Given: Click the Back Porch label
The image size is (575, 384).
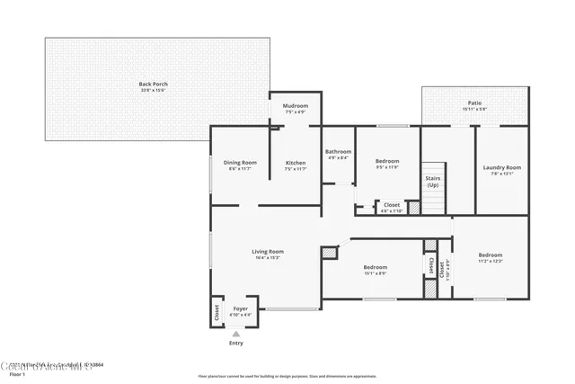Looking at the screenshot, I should point(154,84).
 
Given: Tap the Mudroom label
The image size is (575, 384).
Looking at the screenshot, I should point(296,105).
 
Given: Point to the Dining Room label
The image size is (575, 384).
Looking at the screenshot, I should point(240,162).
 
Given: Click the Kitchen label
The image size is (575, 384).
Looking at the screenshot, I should point(296,162).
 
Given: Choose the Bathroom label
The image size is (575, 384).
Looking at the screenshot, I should point(338,151).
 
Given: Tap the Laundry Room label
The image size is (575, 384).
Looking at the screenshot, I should point(501,167).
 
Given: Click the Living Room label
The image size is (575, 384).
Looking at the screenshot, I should point(267,251).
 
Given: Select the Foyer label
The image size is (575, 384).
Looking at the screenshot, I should point(240,308).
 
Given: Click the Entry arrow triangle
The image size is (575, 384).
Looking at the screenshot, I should point(236,334).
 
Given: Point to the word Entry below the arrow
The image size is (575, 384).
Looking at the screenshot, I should point(236,343).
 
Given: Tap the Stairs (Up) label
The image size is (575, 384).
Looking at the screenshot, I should point(432,181).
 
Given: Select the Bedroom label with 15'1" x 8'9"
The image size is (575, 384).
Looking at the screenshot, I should point(375,267).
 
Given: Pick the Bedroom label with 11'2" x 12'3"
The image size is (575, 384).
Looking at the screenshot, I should point(490,255).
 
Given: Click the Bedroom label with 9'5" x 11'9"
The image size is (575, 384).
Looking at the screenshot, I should point(387,161).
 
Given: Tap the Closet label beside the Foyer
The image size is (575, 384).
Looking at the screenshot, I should point(217,311).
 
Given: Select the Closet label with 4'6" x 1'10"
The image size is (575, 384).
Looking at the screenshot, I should point(392,204).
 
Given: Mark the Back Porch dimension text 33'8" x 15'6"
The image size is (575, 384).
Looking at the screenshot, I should point(154,90).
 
